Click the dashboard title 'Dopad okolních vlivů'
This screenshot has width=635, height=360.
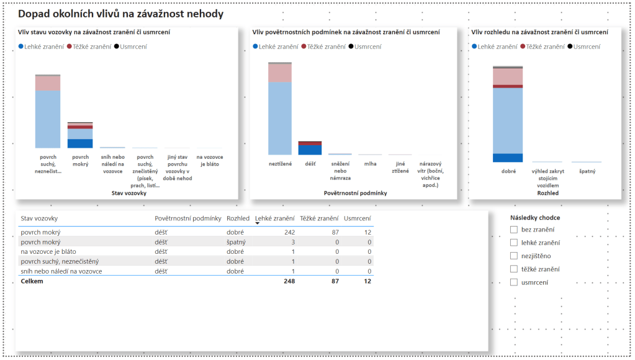pos(120,14)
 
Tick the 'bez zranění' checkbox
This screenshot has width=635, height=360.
pos(513,230)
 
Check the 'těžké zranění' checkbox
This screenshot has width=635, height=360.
pos(513,269)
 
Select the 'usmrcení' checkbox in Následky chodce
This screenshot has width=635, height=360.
pos(513,282)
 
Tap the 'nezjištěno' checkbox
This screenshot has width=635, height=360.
pos(513,256)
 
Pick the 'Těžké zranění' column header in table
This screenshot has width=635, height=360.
pos(318,218)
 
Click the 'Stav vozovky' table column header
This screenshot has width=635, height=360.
pos(40,218)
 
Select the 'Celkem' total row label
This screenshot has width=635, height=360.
pos(32,281)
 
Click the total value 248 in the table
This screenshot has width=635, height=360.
pos(289,281)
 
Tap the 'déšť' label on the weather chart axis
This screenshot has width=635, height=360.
pos(310,164)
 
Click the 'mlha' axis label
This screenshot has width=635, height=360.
pos(370,164)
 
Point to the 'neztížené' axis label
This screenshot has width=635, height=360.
pos(280,164)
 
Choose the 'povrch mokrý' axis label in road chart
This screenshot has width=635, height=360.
pos(80,161)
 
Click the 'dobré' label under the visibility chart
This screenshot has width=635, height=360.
pos(508,171)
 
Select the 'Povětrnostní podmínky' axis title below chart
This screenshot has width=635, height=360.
pos(355,193)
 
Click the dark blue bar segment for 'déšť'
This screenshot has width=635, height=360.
pos(310,150)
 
